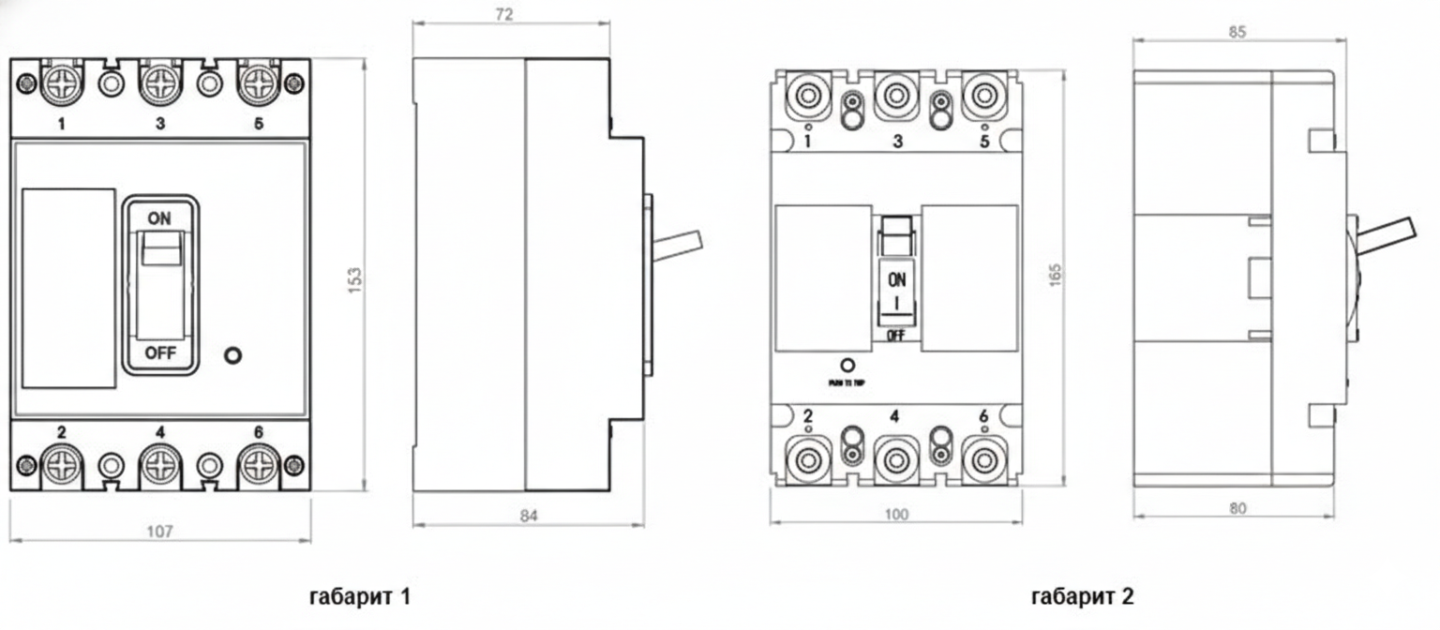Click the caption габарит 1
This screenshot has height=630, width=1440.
pos(359,595)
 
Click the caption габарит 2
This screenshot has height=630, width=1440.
pos(1082,596)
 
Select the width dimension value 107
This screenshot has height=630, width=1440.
pos(160,532)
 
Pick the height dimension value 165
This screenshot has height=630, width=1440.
pos(1057,273)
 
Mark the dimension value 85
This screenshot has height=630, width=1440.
pos(1237,32)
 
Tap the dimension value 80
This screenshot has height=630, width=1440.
pos(1237,509)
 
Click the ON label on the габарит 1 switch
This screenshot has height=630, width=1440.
pos(159,217)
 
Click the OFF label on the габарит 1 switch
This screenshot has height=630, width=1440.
pos(159,353)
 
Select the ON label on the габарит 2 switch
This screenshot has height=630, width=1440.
pos(897,278)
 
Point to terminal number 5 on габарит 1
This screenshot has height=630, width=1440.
pos(258,123)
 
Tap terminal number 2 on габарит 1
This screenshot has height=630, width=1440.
pos(61,432)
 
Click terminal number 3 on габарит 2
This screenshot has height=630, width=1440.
pos(897,142)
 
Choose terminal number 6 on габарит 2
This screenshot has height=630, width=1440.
pos(982,416)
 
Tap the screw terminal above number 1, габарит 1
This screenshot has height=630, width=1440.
pos(61,84)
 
